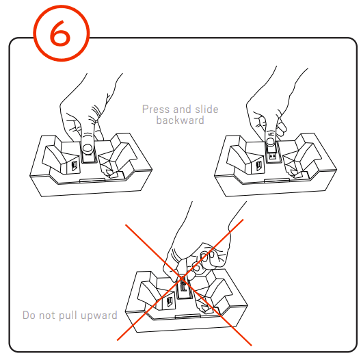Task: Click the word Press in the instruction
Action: coord(156,109)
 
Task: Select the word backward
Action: coord(180,120)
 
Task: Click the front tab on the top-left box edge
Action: coord(93,181)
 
